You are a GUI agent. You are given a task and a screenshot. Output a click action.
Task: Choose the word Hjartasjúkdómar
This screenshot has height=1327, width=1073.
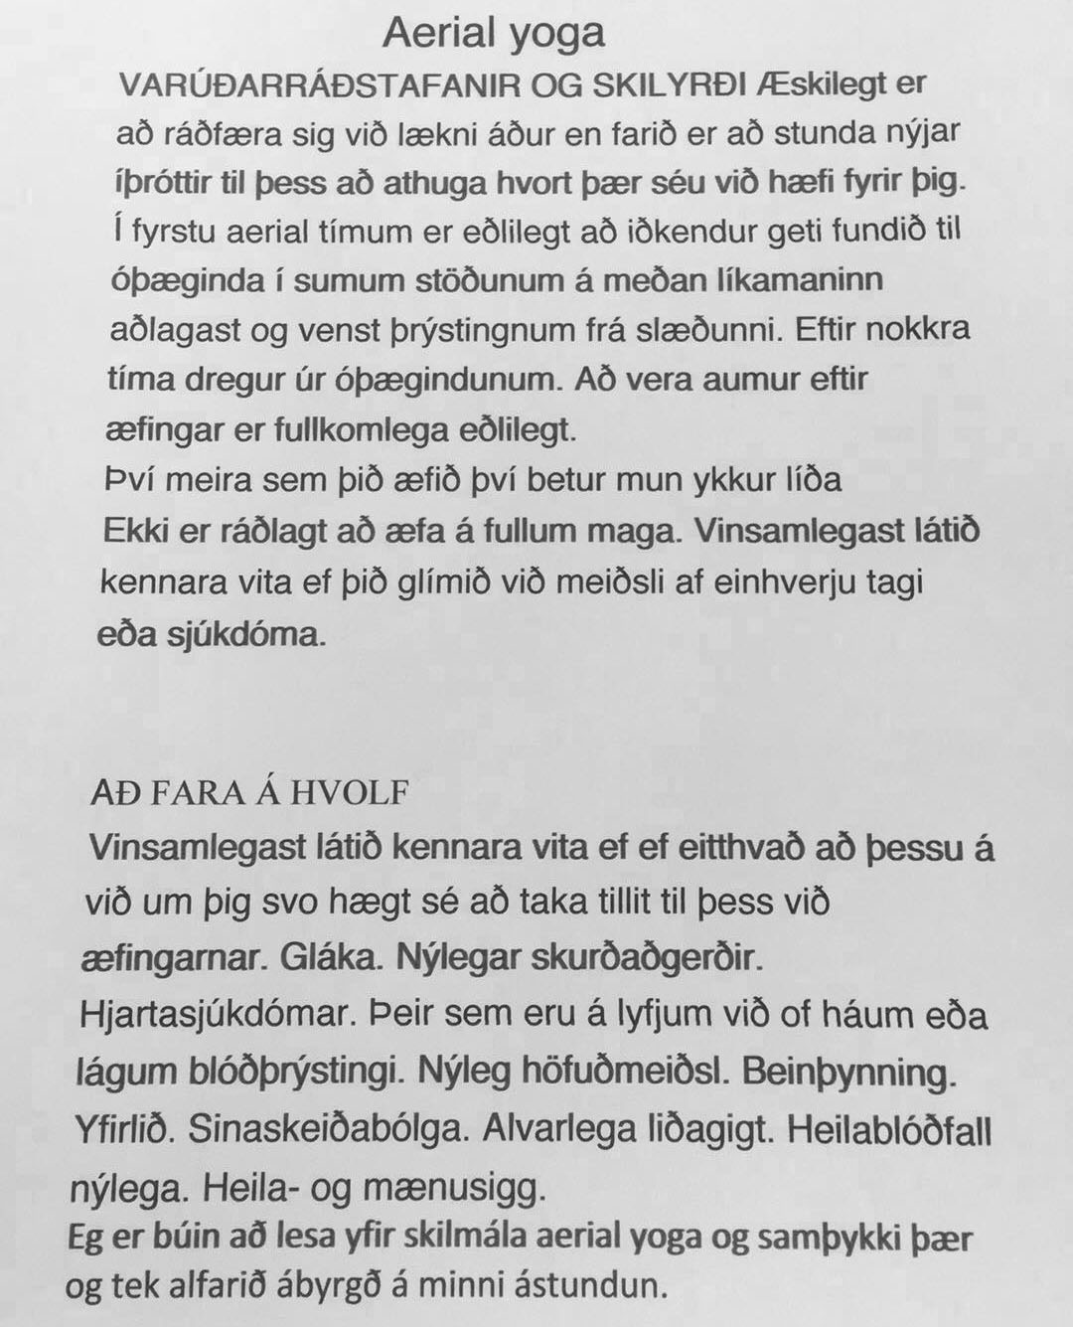211,1016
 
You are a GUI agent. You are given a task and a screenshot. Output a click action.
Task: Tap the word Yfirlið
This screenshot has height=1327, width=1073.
121,1130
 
